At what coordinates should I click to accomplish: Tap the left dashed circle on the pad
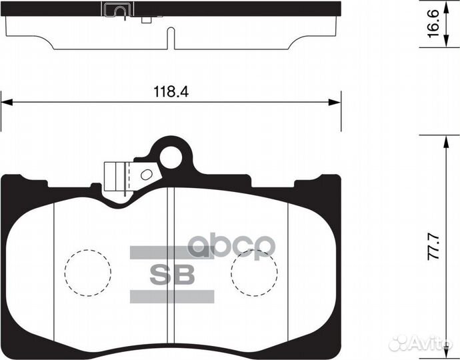86,272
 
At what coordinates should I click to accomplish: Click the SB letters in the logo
170,273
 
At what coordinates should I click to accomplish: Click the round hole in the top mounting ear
171,157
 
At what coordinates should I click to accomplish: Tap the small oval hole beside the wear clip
147,175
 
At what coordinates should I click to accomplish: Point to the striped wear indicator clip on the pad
119,178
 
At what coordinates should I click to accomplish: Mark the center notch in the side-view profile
173,40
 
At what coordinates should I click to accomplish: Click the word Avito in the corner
430,343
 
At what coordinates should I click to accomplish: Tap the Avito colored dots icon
400,343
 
